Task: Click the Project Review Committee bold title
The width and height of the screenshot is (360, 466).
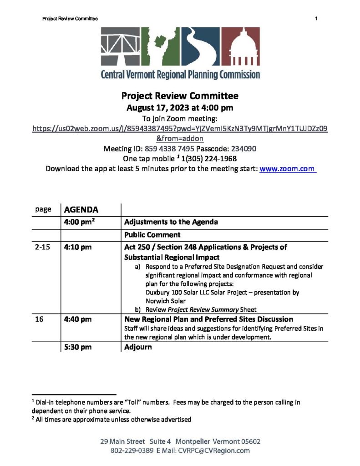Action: click(x=180, y=96)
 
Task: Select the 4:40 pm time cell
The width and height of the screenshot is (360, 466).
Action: click(x=78, y=319)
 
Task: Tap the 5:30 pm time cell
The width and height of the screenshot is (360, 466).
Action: click(x=78, y=347)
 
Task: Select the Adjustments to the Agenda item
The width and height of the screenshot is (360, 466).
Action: click(x=171, y=222)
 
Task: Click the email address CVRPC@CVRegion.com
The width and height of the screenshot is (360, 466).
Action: click(x=215, y=451)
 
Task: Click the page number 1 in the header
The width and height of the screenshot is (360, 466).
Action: click(x=315, y=18)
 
